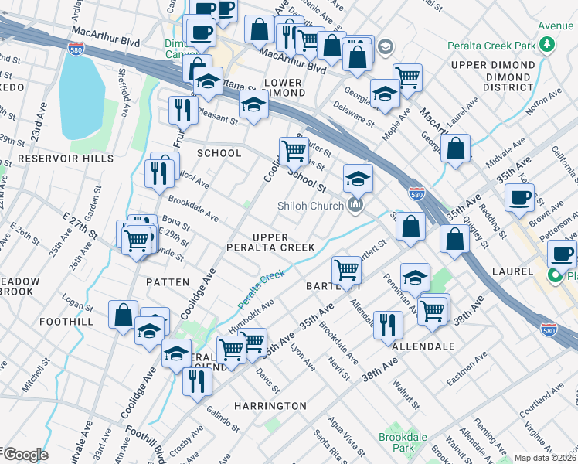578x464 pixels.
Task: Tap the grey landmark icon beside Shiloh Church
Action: [355, 205]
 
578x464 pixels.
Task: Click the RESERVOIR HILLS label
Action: [66, 159]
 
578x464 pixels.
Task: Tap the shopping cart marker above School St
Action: [294, 150]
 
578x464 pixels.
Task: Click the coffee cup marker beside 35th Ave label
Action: [520, 196]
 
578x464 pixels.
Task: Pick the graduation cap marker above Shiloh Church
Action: [358, 178]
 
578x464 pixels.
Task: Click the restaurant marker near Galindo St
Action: [198, 380]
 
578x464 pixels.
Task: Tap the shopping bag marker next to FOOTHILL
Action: [124, 315]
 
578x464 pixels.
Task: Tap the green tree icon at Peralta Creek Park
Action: [546, 44]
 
